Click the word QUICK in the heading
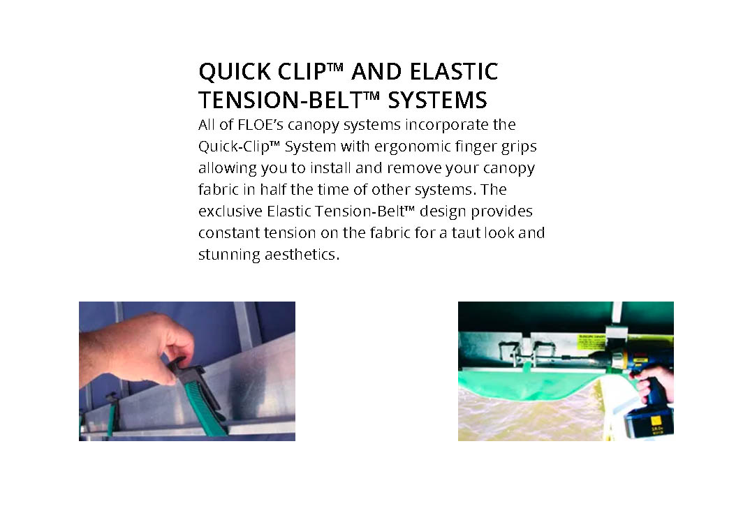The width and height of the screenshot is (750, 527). (x=235, y=72)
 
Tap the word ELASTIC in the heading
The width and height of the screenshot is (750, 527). (x=454, y=71)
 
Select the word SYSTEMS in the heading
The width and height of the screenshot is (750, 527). (x=437, y=100)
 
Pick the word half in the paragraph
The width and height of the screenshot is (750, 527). (x=272, y=189)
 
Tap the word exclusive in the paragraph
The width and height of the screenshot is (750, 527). (x=230, y=211)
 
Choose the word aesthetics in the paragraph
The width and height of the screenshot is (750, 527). (x=300, y=254)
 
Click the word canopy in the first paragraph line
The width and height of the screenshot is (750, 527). (x=313, y=125)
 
